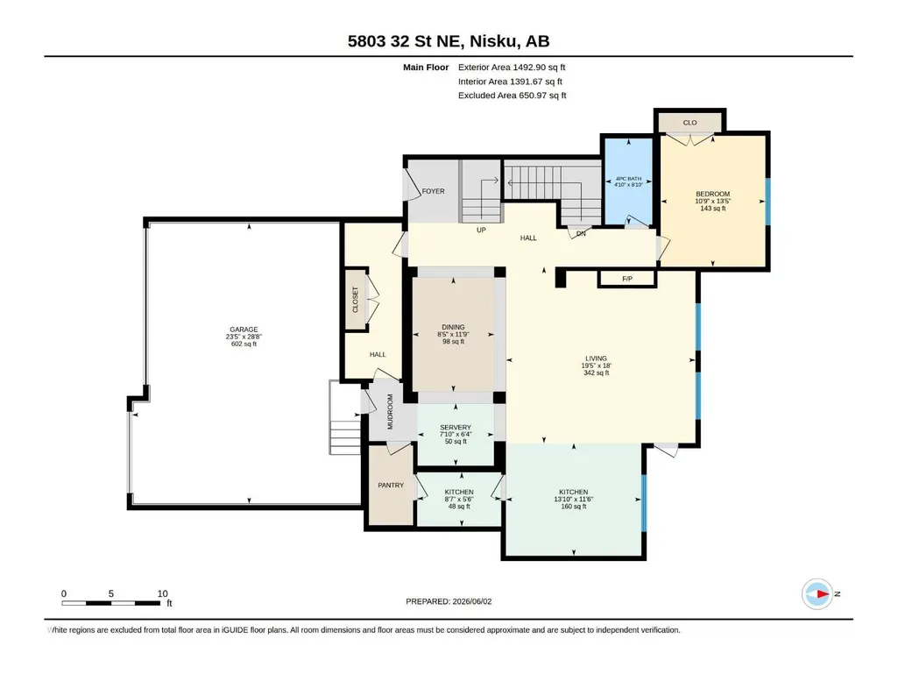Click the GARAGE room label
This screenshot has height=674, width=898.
pos(244,330)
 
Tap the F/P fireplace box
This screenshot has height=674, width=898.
pos(627,279)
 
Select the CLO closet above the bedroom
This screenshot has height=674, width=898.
pos(689,122)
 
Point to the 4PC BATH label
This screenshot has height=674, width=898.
pos(628,179)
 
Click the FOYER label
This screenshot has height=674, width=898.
pos(433,191)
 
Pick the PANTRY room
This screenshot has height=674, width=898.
pos(391,485)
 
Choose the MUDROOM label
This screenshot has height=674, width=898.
pos(390,412)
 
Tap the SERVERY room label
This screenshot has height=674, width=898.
pos(456,428)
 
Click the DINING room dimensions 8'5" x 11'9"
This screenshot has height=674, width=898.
pos(453,334)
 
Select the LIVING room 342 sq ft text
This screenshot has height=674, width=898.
pos(596,373)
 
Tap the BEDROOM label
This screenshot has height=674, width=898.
pos(712,194)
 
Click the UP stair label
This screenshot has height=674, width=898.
pos(481,230)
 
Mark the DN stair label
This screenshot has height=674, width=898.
pos(581,233)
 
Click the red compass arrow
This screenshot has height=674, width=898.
pos(823,593)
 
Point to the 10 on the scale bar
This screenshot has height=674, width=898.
pos(163,593)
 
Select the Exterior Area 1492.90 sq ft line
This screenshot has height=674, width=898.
pos(512,67)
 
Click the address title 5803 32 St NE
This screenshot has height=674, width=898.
pos(407,41)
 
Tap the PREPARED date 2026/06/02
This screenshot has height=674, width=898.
pos(472,601)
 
